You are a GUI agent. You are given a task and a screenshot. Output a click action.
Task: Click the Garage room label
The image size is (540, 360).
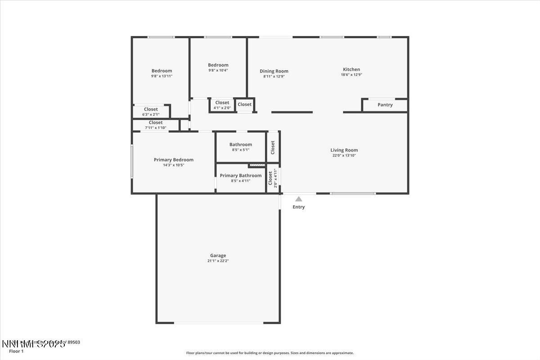(x=218, y=256)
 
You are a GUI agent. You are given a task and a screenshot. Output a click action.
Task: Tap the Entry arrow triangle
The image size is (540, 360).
(x=299, y=199)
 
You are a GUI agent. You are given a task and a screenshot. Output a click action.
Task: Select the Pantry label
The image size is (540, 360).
(x=385, y=105)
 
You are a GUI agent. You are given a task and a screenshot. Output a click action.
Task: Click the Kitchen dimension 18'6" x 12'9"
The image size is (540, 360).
(x=351, y=75)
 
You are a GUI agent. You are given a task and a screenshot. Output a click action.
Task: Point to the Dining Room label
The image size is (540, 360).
(x=274, y=71)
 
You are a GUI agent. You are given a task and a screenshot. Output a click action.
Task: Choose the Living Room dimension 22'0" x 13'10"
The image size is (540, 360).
(x=344, y=156)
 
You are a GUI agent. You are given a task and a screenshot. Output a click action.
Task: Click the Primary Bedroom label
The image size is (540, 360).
(x=174, y=160)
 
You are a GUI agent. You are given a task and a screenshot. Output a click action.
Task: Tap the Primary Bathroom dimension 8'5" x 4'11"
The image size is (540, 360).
(x=240, y=181)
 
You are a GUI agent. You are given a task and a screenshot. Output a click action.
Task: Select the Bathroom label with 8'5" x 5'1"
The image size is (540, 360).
(x=241, y=144)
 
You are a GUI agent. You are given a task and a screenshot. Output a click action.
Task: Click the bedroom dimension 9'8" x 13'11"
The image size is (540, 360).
(x=162, y=76)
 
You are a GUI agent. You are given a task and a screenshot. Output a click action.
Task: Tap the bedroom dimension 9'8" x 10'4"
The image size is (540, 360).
(x=218, y=70)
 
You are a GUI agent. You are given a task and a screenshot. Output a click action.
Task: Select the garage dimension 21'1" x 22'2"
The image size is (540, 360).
(x=218, y=261)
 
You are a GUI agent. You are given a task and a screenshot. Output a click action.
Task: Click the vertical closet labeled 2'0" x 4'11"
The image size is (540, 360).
(x=273, y=179)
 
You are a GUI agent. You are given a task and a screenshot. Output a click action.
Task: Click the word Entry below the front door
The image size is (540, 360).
(x=299, y=207)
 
